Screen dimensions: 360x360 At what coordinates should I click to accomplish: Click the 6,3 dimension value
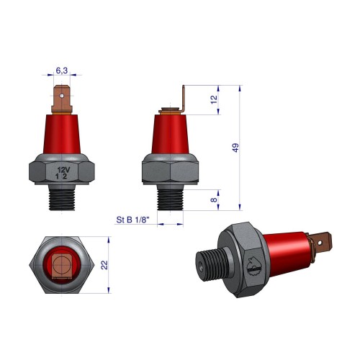(x=62, y=71)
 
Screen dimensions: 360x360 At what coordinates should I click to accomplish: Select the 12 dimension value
(x=214, y=99)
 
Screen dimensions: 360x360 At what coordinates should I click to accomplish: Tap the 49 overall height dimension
(x=235, y=148)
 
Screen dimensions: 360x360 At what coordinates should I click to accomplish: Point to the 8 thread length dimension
(x=214, y=199)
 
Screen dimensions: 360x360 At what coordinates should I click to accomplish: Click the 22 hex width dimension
(x=104, y=265)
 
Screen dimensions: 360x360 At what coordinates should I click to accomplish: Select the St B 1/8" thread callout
(x=133, y=220)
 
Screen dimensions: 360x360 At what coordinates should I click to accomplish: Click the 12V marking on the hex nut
(x=63, y=170)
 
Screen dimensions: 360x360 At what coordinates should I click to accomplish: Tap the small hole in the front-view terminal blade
(x=62, y=96)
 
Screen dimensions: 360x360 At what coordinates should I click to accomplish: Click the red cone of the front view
(x=62, y=134)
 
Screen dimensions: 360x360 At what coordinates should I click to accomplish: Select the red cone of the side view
(x=170, y=134)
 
